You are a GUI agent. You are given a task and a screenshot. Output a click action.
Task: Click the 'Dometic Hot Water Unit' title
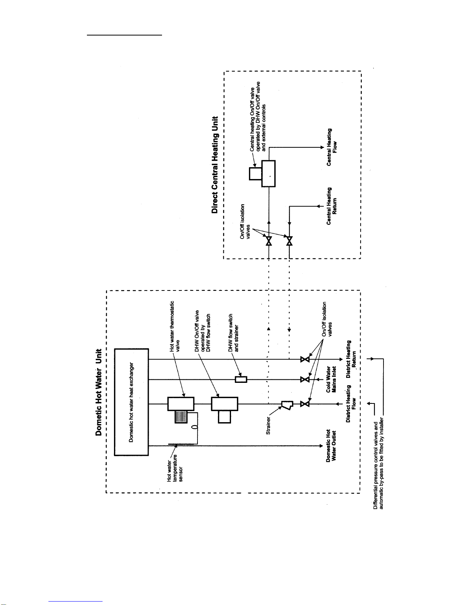coord(99,392)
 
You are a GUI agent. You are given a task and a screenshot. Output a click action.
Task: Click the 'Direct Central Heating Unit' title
coord(215,165)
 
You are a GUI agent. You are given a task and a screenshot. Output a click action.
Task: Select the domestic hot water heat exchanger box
coord(132,402)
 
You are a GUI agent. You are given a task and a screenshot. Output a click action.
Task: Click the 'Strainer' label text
coord(268,426)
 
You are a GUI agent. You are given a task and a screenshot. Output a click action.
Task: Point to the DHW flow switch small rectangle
coord(241,379)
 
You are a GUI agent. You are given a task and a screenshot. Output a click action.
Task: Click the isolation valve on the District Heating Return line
coord(305,359)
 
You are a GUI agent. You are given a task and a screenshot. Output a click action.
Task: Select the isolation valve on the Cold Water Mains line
coord(305,379)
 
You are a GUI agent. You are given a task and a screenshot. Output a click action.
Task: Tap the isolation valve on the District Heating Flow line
coord(305,404)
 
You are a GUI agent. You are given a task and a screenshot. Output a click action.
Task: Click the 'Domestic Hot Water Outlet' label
coord(331,445)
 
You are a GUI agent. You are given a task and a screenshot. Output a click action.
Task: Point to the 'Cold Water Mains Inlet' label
coord(331,379)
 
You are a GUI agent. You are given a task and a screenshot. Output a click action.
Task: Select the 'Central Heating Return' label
coord(332,206)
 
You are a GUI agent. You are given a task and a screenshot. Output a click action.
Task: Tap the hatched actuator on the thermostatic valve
coord(181,417)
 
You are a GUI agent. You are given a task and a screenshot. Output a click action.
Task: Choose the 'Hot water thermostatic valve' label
coord(175,326)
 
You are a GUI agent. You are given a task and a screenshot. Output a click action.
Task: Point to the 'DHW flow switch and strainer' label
coord(233,333)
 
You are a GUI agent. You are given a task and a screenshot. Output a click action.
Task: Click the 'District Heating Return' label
coord(351,359)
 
